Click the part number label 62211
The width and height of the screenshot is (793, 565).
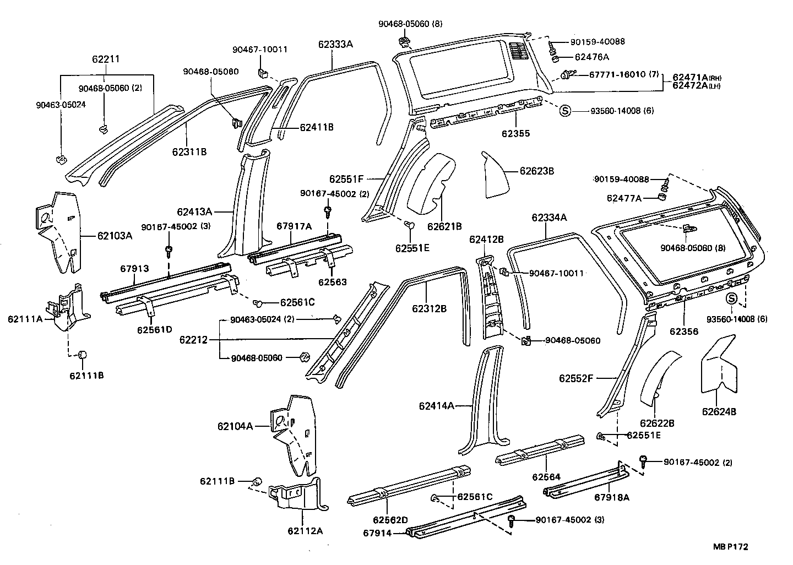[x=106, y=59]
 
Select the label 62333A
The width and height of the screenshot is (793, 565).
[x=335, y=44]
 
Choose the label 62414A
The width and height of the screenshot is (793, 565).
[x=437, y=406]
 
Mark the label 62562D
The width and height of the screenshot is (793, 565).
[x=390, y=520]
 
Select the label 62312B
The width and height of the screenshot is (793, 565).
[x=429, y=308]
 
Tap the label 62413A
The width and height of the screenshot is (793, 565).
[x=194, y=211]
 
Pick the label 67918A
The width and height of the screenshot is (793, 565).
[x=611, y=497]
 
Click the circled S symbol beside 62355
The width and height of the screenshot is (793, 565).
[x=564, y=111]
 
